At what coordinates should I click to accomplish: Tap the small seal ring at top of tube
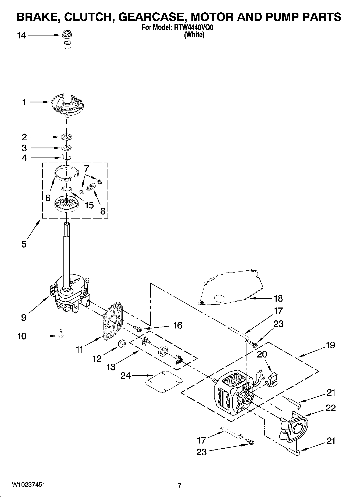67,34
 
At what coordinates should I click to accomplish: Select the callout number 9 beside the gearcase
24,318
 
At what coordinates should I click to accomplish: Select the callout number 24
125,376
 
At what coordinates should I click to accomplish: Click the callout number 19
330,345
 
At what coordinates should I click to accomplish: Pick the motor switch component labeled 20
272,379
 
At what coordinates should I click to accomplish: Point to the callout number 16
178,326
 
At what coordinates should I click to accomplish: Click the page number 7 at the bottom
180,485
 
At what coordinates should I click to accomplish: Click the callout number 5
24,244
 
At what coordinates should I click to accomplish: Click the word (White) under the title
194,35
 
